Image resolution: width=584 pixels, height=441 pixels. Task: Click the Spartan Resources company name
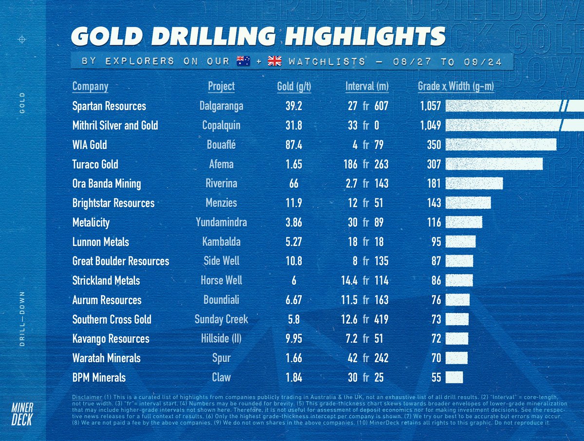pyautogui.click(x=109, y=106)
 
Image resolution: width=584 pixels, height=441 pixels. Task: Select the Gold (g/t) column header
pyautogui.click(x=294, y=87)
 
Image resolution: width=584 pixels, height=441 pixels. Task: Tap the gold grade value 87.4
pyautogui.click(x=294, y=145)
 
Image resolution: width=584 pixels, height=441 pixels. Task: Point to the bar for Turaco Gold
pyautogui.click(x=493, y=164)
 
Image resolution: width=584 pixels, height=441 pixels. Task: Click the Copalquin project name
pyautogui.click(x=221, y=126)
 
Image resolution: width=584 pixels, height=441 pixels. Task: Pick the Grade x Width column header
pyautogui.click(x=456, y=87)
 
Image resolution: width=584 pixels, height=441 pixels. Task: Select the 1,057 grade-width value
pyautogui.click(x=430, y=106)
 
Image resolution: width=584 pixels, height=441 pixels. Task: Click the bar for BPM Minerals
pyautogui.click(x=454, y=377)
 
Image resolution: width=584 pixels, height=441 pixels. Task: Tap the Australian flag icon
pyautogui.click(x=243, y=61)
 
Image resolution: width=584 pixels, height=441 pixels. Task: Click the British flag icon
pyautogui.click(x=274, y=61)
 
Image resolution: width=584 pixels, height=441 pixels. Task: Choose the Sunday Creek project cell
pyautogui.click(x=221, y=319)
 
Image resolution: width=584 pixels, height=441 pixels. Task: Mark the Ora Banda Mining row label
pyautogui.click(x=107, y=184)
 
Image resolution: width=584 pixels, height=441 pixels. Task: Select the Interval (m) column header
pyautogui.click(x=367, y=87)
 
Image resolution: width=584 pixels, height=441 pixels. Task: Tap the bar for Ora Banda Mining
pyautogui.click(x=474, y=184)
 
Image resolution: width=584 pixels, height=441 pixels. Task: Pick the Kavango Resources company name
pyautogui.click(x=110, y=339)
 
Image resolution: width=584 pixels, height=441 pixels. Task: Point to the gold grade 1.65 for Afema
pyautogui.click(x=294, y=164)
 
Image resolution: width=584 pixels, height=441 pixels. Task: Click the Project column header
pyautogui.click(x=221, y=87)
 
